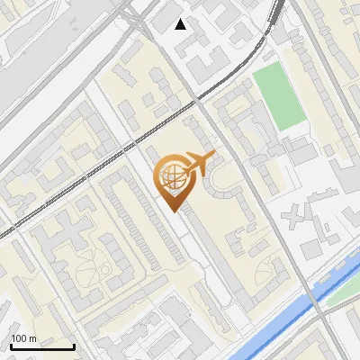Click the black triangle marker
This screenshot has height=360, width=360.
[x=181, y=24]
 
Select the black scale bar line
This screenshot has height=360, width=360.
[x=42, y=347]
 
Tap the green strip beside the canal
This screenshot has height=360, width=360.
[x=340, y=290]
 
